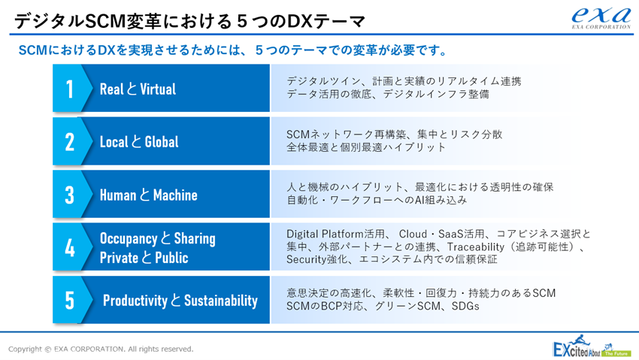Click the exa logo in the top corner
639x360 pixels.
pos(601,17)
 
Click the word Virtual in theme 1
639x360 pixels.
pos(158,89)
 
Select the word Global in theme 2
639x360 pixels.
pos(162,142)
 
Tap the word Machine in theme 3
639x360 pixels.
pos(175,195)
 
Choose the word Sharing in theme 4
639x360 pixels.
pos(195,238)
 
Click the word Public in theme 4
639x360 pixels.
pos(171,257)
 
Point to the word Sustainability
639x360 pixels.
pos(221,301)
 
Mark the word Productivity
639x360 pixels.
pos(135,301)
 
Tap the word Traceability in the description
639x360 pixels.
pos(476,247)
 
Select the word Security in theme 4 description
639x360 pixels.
pos(305,259)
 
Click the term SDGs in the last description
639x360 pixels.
pos(465,306)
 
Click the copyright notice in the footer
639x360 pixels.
pos(101,349)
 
